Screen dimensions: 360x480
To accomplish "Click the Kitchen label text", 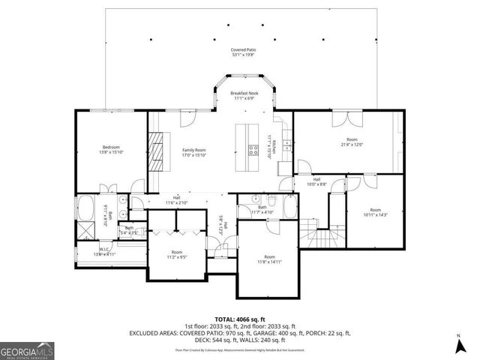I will point(274,145).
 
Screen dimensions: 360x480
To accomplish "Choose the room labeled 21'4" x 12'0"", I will point(351,141).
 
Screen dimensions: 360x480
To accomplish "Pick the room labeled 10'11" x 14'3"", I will point(375,212).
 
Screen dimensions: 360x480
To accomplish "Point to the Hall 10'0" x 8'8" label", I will point(316,181).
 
